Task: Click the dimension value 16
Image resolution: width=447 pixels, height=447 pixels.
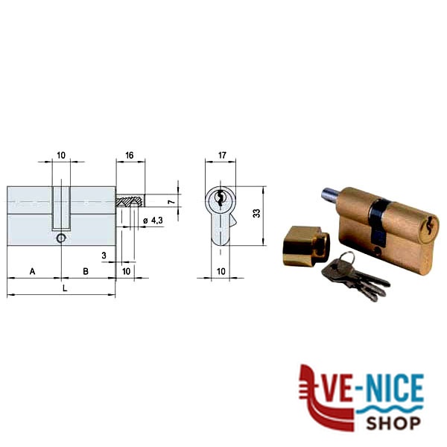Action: click(x=130, y=156)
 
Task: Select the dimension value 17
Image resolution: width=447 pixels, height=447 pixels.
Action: click(x=222, y=156)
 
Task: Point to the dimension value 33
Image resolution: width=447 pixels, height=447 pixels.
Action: click(x=257, y=213)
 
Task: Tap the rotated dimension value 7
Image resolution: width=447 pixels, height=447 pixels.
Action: click(x=171, y=202)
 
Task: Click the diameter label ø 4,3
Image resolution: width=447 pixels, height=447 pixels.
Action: click(x=153, y=221)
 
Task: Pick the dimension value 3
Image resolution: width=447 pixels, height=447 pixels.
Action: click(x=104, y=255)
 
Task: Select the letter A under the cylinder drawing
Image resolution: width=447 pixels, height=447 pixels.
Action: click(x=33, y=271)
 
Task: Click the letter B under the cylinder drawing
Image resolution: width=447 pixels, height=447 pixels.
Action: click(x=86, y=271)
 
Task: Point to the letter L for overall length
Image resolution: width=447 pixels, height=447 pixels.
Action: click(x=65, y=288)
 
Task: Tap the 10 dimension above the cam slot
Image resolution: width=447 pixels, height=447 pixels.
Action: click(x=61, y=156)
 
